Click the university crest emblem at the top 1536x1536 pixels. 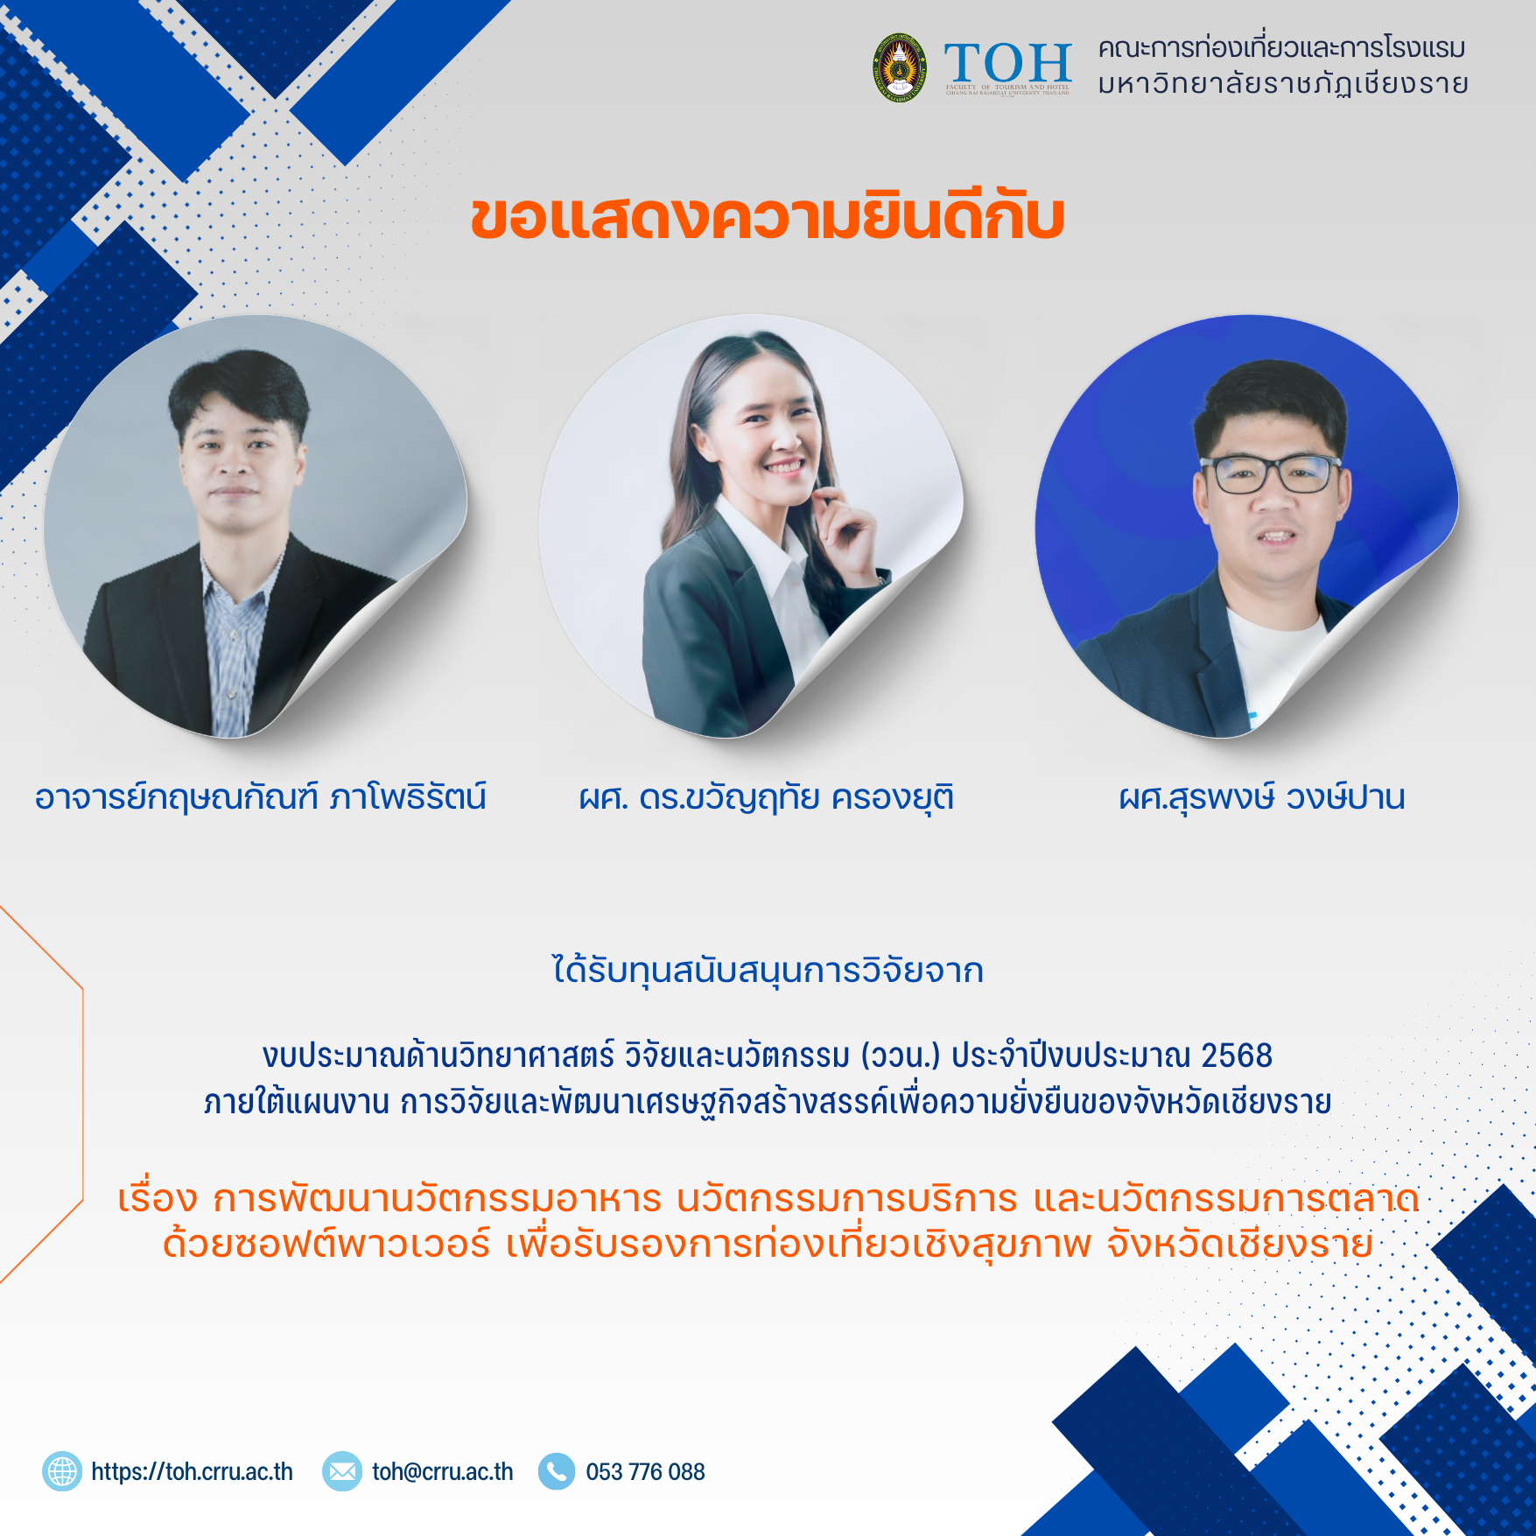pyautogui.click(x=900, y=67)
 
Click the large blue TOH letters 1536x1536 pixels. pyautogui.click(x=1008, y=63)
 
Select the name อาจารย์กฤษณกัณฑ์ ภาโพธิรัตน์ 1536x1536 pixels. pyautogui.click(x=260, y=797)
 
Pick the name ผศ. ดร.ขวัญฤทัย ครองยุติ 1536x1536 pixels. pyautogui.click(x=767, y=797)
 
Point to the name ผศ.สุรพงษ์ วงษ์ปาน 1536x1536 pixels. pyautogui.click(x=1262, y=797)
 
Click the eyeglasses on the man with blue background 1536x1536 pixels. pyautogui.click(x=1271, y=473)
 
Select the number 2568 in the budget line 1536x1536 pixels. pyautogui.click(x=1237, y=1056)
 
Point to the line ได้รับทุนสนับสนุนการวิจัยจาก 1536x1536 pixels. pyautogui.click(x=768, y=971)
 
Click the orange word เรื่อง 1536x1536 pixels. pyautogui.click(x=158, y=1198)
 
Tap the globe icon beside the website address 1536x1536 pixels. pyautogui.click(x=62, y=1471)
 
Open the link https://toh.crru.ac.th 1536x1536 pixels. pyautogui.click(x=192, y=1472)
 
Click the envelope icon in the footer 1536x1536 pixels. pyautogui.click(x=342, y=1471)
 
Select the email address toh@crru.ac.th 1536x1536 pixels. pyautogui.click(x=443, y=1472)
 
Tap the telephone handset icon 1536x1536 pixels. pyautogui.click(x=557, y=1471)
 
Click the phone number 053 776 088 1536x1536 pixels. pyautogui.click(x=645, y=1472)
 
